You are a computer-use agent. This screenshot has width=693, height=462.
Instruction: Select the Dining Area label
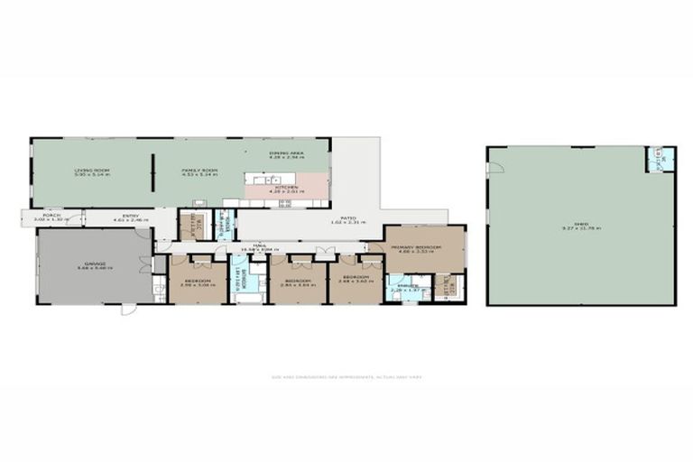(x=286, y=155)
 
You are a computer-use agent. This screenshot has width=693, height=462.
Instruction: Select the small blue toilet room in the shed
(x=658, y=161)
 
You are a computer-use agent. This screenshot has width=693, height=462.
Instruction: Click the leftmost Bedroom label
(x=197, y=282)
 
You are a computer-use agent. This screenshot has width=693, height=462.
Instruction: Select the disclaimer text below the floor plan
(x=346, y=377)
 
